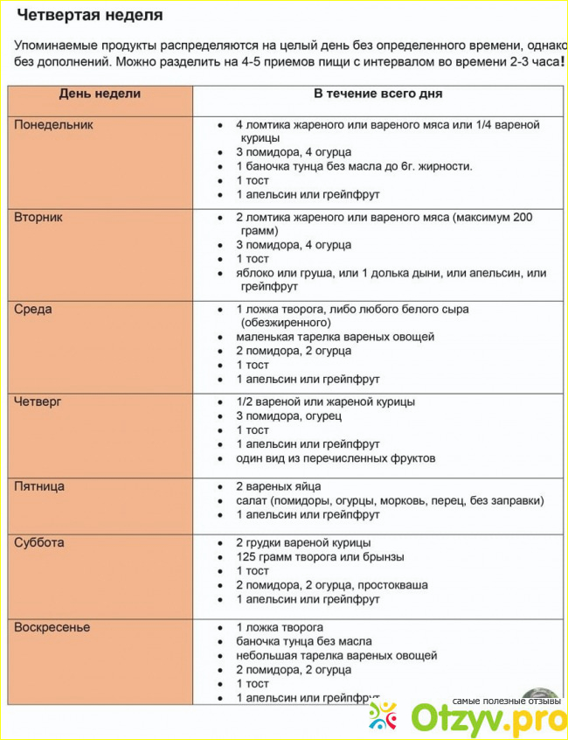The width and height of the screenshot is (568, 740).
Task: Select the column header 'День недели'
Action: (100, 94)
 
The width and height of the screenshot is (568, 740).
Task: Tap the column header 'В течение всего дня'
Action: (378, 94)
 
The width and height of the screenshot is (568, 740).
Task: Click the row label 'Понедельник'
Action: (53, 124)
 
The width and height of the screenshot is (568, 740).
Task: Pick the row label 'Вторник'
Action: (38, 217)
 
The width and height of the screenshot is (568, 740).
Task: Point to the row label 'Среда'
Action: (33, 309)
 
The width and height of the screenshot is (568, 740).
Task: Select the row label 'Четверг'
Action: (38, 401)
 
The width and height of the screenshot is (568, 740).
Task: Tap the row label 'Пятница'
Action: (39, 486)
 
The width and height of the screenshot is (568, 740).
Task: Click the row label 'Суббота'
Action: (39, 543)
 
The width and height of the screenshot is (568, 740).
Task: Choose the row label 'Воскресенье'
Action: (52, 627)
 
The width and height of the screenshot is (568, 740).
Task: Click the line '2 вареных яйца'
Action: (279, 486)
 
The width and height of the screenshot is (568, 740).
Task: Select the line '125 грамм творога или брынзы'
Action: (320, 557)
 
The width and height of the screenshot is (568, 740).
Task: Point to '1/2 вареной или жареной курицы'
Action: (325, 401)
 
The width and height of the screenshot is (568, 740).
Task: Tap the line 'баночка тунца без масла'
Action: (305, 641)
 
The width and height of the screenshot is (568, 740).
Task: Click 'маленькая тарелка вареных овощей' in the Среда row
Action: (335, 337)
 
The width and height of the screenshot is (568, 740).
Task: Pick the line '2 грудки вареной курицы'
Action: (303, 543)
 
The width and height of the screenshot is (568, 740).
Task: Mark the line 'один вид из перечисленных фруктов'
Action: (336, 457)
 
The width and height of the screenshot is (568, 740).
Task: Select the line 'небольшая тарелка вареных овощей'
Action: (336, 655)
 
